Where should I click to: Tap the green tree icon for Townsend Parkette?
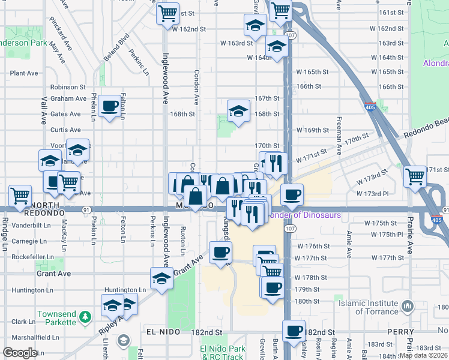coord(86,316)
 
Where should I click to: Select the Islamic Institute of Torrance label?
coord(377,307)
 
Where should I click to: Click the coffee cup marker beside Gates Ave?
coord(109,106)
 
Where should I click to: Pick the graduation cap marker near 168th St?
coord(238,110)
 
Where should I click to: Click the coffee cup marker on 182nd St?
coord(294,331)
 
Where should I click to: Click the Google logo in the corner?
coord(20,353)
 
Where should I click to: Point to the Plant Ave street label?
coord(24,73)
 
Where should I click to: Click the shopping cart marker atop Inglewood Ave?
coord(168,12)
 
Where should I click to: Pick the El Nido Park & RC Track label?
coord(223,352)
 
